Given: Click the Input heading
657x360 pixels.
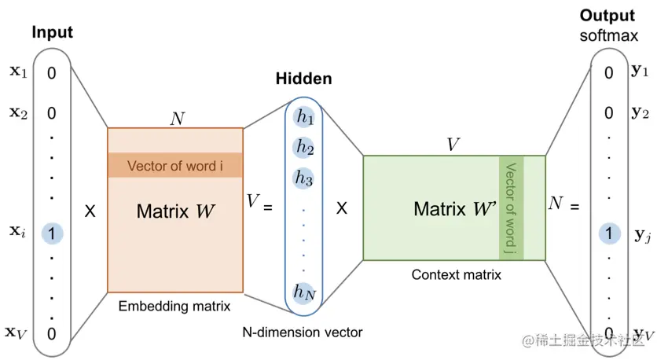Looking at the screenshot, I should pyautogui.click(x=53, y=32).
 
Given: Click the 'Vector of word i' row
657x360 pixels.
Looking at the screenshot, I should pyautogui.click(x=175, y=165).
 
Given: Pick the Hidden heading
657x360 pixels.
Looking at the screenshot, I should pyautogui.click(x=303, y=79).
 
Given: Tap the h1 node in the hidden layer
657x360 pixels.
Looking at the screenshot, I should pyautogui.click(x=304, y=117).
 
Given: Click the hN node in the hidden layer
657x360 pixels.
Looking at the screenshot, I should pyautogui.click(x=304, y=292).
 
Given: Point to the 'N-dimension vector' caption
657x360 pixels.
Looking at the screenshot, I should pyautogui.click(x=303, y=332).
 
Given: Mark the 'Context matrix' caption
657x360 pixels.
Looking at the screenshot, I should pyautogui.click(x=457, y=275).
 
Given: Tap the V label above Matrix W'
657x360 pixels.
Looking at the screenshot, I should pyautogui.click(x=453, y=145).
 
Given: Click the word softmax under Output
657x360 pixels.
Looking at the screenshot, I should pyautogui.click(x=607, y=35).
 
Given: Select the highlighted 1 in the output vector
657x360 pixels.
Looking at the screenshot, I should pyautogui.click(x=608, y=233).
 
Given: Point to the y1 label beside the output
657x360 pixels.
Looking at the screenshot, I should pyautogui.click(x=640, y=71).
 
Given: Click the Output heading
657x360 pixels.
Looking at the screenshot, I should pyautogui.click(x=607, y=16).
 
